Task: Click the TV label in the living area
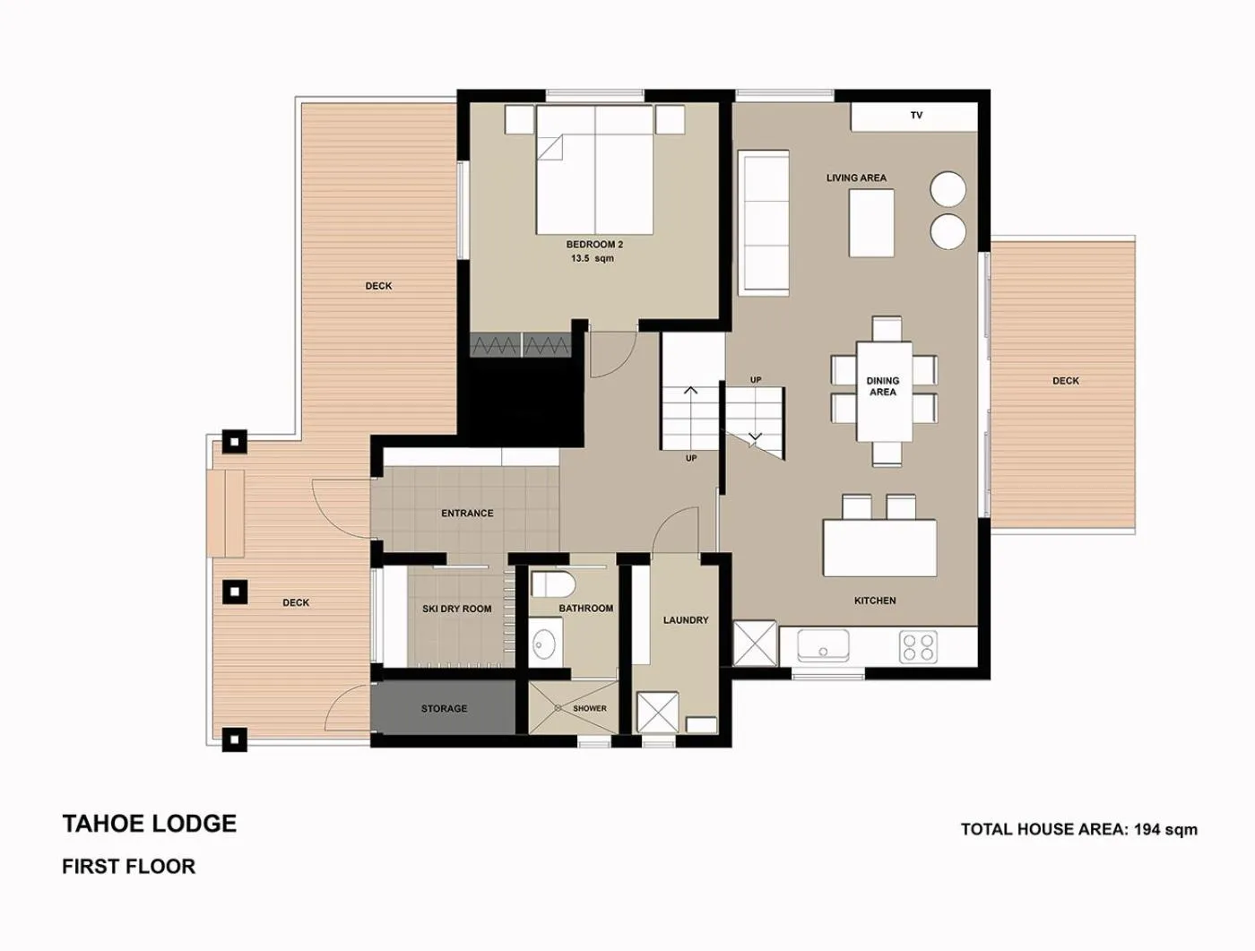916,116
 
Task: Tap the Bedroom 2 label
593,245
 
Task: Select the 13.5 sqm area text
592,259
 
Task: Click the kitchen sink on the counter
823,644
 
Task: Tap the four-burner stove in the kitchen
918,646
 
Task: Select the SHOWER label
589,708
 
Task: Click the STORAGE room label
444,709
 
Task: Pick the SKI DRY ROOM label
456,610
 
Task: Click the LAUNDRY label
686,620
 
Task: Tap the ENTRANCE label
467,514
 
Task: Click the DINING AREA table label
883,386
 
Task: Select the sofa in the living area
763,221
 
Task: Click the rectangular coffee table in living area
871,223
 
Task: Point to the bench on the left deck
226,512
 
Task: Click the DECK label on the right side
1065,381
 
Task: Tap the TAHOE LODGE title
150,824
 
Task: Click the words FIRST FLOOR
128,867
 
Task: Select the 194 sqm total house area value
1165,829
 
